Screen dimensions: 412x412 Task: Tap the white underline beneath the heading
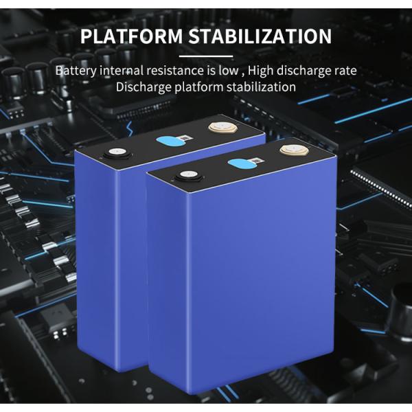coord(205,55)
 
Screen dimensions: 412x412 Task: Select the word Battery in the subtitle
coord(76,71)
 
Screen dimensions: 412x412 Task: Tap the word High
coord(264,71)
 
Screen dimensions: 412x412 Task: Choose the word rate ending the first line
coord(345,71)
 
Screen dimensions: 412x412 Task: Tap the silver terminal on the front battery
coord(185,176)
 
